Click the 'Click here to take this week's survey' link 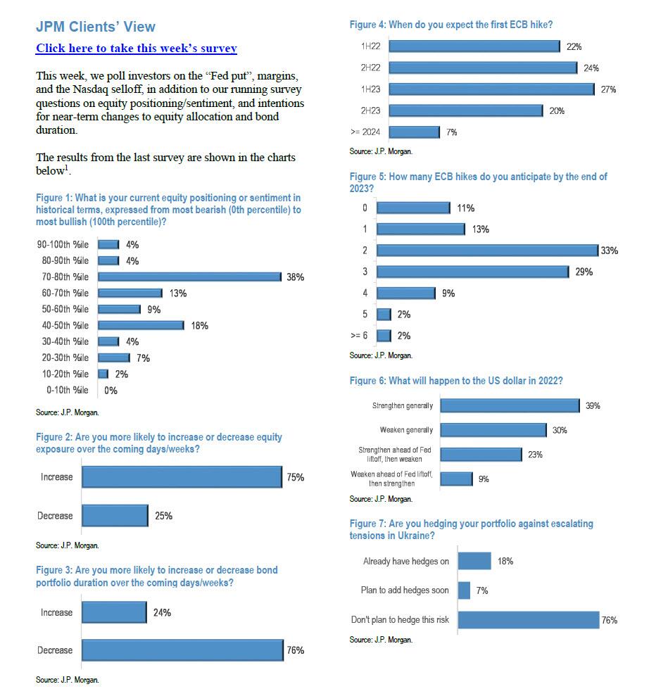point(136,49)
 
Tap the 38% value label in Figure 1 point(295,277)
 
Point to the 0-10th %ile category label point(68,390)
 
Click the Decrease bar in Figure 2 point(115,516)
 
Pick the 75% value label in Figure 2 point(295,477)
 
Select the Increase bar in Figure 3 point(114,612)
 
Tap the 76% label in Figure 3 point(295,650)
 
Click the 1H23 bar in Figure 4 point(491,89)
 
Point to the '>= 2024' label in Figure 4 point(365,132)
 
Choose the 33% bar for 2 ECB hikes point(487,251)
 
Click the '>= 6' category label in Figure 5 point(359,336)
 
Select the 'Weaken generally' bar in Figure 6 point(493,430)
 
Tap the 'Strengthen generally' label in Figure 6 point(403,406)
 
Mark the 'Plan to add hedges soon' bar point(464,590)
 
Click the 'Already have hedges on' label point(405,562)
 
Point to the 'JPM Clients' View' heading point(96,27)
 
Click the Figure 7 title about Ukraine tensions point(471,529)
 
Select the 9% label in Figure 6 point(484,479)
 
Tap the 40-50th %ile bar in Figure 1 point(141,326)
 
